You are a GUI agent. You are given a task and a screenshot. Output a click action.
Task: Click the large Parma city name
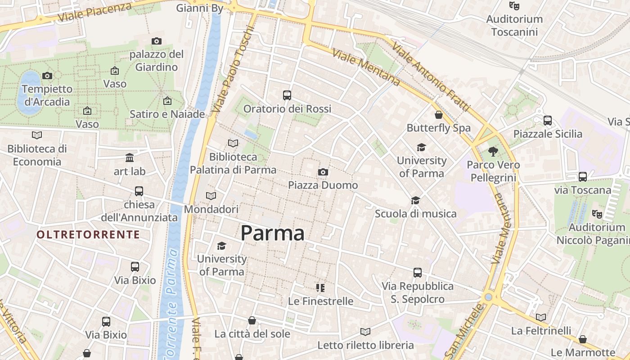point(272,233)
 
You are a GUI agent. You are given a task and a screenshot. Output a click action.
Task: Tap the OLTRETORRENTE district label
point(88,234)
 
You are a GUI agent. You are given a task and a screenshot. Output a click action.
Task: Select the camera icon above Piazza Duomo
point(323,172)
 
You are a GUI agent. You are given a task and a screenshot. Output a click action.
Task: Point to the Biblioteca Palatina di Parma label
point(233,163)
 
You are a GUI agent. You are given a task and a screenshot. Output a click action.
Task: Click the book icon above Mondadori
point(211,196)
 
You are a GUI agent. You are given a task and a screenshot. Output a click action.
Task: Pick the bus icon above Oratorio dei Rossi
point(287,95)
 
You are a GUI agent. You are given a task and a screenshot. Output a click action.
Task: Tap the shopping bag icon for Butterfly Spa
point(439,115)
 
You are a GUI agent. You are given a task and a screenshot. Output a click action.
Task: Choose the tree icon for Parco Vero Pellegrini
point(493,152)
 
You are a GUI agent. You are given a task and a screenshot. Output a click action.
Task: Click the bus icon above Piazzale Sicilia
point(548,121)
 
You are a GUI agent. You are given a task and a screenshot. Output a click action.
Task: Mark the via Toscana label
point(583,190)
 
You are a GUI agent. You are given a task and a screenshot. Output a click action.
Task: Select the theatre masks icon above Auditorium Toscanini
point(514,6)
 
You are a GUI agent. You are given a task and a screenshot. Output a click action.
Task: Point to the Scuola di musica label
point(416,214)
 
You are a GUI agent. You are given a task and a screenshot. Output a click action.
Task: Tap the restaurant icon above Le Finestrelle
point(320,288)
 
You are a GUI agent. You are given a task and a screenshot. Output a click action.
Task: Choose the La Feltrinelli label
point(541,331)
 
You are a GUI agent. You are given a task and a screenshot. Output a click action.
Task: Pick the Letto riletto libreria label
point(365,345)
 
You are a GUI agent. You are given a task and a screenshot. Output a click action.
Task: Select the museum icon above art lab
point(130,158)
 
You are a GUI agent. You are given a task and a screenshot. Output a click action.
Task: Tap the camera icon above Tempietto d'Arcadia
point(47,76)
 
